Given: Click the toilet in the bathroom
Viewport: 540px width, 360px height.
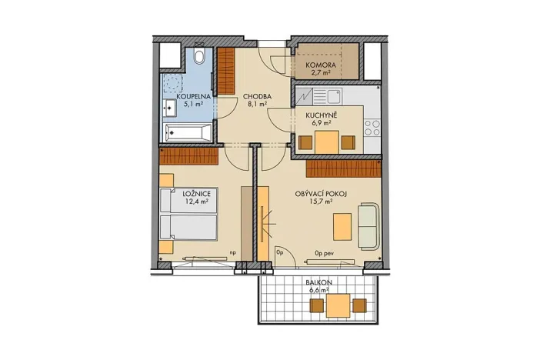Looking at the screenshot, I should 199,56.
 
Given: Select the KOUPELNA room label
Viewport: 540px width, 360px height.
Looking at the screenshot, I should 188,97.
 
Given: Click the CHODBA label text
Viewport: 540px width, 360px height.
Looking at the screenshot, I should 255,97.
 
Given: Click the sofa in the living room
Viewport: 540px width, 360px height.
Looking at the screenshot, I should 368,226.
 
